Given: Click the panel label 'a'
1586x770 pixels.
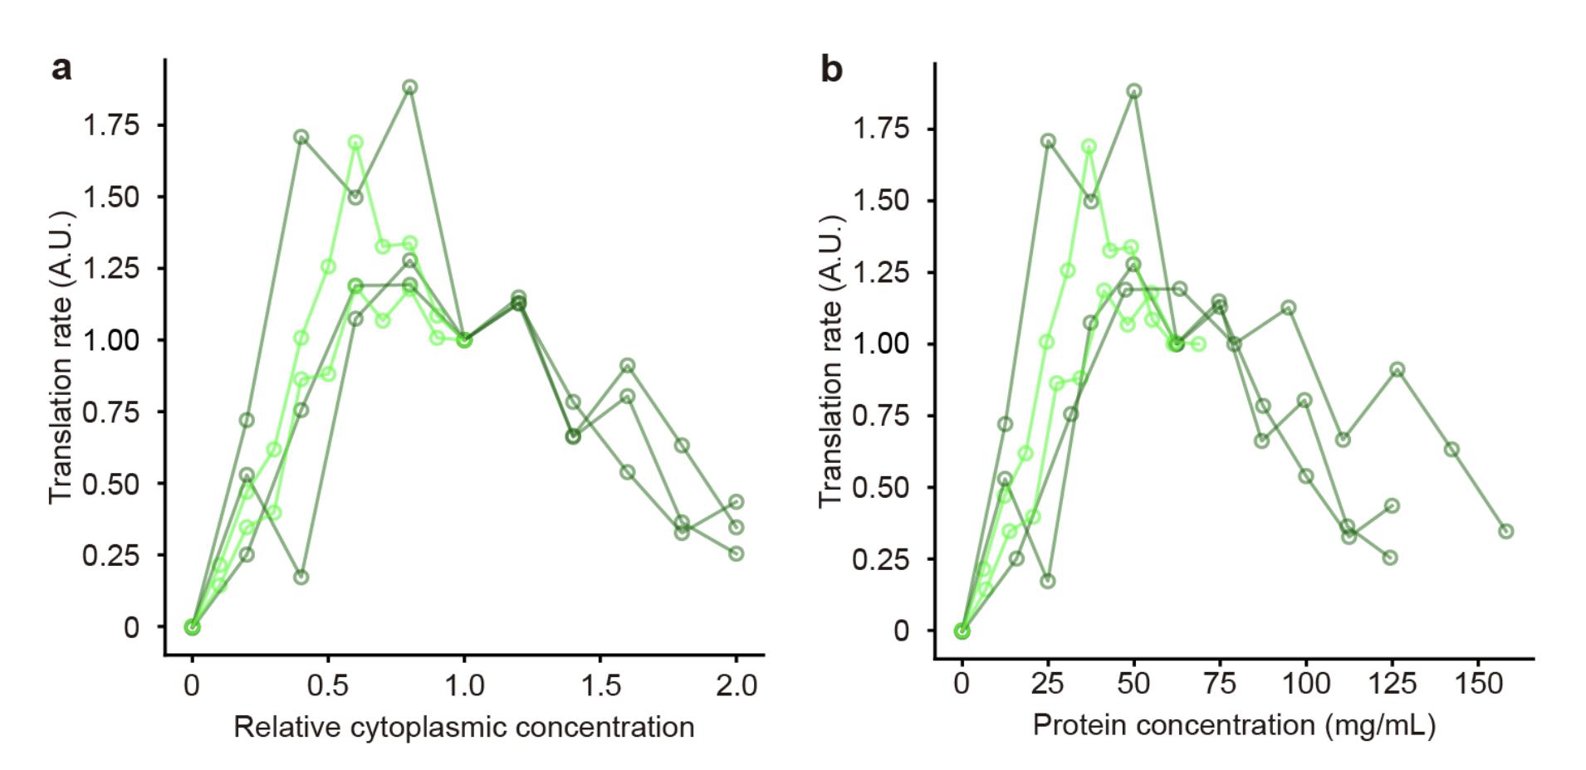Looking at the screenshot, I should point(61,69).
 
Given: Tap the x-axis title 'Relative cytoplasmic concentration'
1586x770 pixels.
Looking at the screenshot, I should point(463,728).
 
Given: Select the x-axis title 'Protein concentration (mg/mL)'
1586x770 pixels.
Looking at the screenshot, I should point(1233,725).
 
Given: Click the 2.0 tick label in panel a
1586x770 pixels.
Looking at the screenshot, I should point(737,685).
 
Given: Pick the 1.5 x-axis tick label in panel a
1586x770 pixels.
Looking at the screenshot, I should point(600,685).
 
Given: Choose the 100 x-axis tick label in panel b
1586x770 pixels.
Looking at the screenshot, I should point(1305,684).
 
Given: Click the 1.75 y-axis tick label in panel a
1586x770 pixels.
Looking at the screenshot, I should point(110,125).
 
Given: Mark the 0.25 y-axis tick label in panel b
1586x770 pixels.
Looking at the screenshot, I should point(881,559).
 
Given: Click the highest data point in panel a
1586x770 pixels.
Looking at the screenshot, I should point(409,87).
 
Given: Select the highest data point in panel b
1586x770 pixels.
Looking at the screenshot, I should point(1133,91).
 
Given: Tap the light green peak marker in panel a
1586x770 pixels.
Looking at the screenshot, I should point(355,143).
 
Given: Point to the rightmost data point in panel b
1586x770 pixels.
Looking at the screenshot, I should point(1505,531).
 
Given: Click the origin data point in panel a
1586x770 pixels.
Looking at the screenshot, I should point(193,627).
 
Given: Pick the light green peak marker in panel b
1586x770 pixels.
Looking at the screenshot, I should point(1089,147).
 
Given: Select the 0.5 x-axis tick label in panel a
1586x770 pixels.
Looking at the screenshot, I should point(328,685).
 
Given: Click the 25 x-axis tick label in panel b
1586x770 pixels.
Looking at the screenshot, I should point(1047,684).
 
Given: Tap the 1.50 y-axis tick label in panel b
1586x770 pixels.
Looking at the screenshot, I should point(881,201).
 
